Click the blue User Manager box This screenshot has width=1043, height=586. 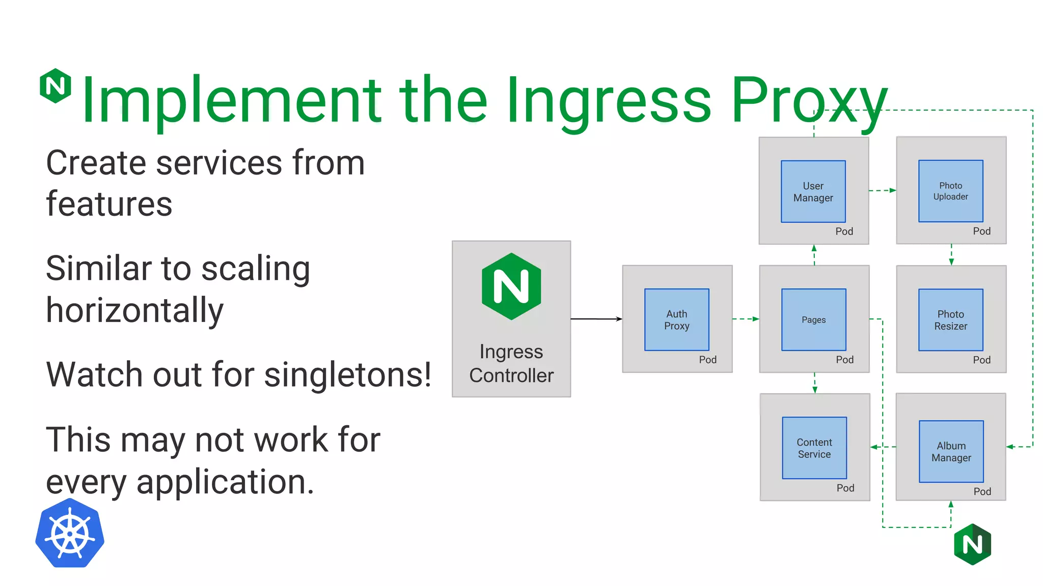pos(813,191)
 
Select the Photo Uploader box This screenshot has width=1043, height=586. pos(950,191)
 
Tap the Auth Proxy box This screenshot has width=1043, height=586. pos(676,319)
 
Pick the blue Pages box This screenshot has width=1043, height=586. pos(813,319)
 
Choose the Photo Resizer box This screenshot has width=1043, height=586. pos(950,320)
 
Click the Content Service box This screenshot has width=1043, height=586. pos(814,448)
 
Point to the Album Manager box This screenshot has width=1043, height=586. pos(951,451)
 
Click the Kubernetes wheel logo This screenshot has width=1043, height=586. pos(70,533)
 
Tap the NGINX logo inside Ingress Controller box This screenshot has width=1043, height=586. pos(511,286)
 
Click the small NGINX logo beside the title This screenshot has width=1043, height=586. pos(56,85)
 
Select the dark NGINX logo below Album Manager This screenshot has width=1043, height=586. pos(972,544)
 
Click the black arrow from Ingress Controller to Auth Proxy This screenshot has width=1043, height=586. pos(596,319)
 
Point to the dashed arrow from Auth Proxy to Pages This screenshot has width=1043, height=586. pos(746,319)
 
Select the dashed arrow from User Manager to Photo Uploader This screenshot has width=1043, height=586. pos(882,190)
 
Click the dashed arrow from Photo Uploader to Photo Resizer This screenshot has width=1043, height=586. pos(951,254)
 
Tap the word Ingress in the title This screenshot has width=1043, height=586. pos(608,100)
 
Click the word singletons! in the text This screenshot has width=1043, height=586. pos(348,374)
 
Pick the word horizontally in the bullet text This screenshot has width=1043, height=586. pos(134,310)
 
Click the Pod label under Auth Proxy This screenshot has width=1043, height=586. pos(707,360)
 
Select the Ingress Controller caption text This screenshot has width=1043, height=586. pos(511,363)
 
